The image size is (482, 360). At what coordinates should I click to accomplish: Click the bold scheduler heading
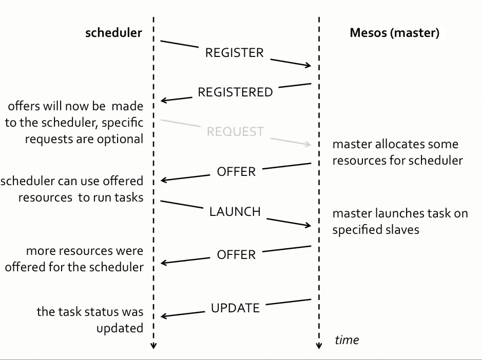[x=113, y=33]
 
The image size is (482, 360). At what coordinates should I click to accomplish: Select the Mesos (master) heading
[x=394, y=33]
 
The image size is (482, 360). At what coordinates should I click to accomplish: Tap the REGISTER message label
[x=234, y=53]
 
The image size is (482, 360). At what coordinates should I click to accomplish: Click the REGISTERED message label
[x=235, y=92]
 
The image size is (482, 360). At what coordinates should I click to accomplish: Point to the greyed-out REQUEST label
[x=235, y=132]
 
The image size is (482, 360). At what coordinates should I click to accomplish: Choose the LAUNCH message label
[x=235, y=211]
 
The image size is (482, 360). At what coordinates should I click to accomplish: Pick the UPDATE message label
[x=235, y=308]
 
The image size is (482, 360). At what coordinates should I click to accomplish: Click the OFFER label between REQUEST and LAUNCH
[x=236, y=172]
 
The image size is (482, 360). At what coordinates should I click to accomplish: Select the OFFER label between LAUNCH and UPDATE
[x=236, y=254]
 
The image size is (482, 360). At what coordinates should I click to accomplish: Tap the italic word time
[x=346, y=339]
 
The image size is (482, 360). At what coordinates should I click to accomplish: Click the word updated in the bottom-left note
[x=120, y=328]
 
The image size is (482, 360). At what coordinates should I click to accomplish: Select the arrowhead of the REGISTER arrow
[x=309, y=66]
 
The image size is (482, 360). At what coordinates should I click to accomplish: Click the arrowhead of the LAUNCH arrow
[x=309, y=225]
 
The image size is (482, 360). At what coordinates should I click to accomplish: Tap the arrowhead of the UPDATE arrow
[x=164, y=316]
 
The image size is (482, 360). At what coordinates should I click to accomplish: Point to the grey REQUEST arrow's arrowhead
[x=309, y=145]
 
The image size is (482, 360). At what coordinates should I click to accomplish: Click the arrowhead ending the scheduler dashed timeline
[x=153, y=346]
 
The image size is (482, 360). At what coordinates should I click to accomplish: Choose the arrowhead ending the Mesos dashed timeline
[x=319, y=346]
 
